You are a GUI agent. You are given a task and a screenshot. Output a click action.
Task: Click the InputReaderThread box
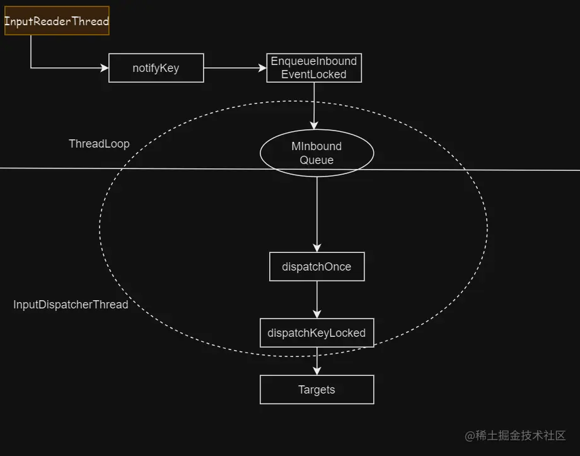(x=57, y=21)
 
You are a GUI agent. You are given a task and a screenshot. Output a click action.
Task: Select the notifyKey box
(x=156, y=68)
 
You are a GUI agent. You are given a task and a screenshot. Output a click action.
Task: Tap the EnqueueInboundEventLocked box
(x=313, y=67)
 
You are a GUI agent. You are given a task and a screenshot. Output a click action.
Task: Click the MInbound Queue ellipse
(x=316, y=153)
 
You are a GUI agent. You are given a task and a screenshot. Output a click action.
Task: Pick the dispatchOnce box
(x=316, y=266)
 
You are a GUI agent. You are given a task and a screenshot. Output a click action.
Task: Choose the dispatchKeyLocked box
(x=316, y=332)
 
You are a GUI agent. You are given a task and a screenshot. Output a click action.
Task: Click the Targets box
(x=316, y=390)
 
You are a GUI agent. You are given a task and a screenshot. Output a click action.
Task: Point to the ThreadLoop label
(x=99, y=144)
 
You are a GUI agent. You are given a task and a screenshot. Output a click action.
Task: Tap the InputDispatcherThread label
(x=71, y=305)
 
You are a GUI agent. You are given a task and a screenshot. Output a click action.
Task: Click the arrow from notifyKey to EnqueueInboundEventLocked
(x=235, y=67)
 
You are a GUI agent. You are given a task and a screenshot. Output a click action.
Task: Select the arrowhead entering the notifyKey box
(x=104, y=67)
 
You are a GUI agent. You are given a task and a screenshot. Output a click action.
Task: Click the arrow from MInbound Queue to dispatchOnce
(x=316, y=214)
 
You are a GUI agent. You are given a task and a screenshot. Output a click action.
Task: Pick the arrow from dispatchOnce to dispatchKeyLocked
(x=316, y=300)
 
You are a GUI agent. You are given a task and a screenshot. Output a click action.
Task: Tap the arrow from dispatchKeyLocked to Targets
(x=316, y=361)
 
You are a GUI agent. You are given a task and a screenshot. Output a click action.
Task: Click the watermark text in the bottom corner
(x=515, y=436)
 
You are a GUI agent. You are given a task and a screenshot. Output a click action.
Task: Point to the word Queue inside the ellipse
(x=316, y=160)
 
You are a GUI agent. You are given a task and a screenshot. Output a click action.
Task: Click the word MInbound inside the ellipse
(x=316, y=146)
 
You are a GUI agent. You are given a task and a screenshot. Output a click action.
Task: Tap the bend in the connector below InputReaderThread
(x=31, y=67)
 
